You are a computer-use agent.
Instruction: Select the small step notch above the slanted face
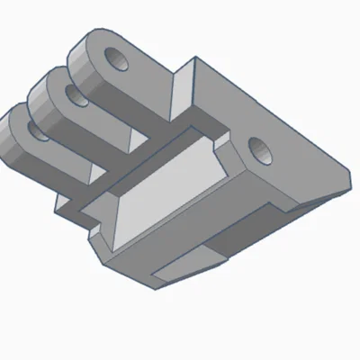(219, 142)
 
